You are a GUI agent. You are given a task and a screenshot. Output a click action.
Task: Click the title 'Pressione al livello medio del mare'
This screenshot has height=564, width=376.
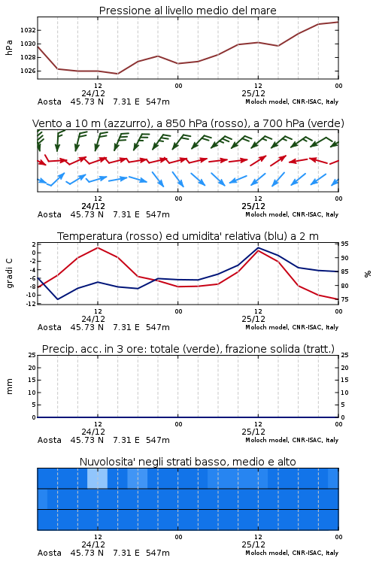(x=187, y=11)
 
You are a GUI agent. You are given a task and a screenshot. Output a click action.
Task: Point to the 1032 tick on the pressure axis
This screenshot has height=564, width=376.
(x=28, y=30)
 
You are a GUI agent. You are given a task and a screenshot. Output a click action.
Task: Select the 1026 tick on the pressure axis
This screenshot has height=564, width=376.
(x=28, y=71)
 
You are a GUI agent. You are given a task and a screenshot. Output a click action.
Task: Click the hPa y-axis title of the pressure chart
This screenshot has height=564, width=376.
(x=9, y=47)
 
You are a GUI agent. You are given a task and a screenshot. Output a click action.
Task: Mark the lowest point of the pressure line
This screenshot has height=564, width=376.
(x=117, y=74)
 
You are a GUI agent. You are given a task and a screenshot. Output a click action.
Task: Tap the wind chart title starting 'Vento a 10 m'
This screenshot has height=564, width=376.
(x=188, y=123)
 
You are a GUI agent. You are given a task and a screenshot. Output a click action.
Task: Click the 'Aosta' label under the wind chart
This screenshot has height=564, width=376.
(x=50, y=214)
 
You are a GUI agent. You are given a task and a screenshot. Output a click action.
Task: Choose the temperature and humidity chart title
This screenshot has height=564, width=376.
(x=188, y=236)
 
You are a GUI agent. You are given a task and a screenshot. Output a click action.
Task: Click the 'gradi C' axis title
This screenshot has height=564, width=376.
(x=9, y=274)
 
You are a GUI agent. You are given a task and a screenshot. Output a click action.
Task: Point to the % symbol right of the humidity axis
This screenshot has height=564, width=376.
(x=368, y=274)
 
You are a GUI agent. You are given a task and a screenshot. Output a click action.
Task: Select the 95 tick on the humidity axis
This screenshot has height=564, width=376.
(x=344, y=244)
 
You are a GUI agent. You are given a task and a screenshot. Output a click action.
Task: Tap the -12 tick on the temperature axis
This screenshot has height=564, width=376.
(x=32, y=304)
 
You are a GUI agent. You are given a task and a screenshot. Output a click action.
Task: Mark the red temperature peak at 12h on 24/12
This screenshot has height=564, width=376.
(x=98, y=247)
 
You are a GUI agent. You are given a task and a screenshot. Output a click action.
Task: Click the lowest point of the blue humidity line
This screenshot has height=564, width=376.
(x=58, y=299)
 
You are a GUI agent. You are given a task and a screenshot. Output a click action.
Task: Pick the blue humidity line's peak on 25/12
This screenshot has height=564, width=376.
(x=258, y=247)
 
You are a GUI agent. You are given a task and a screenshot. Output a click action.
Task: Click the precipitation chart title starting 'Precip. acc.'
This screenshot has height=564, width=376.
(x=188, y=349)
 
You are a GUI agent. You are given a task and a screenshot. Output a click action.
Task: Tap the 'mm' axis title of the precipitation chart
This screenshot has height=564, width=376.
(x=9, y=387)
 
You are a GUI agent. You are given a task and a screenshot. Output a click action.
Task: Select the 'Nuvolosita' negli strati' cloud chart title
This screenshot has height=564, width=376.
(x=187, y=462)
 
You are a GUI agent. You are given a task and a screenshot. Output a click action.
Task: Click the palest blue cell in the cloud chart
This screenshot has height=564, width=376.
(x=97, y=478)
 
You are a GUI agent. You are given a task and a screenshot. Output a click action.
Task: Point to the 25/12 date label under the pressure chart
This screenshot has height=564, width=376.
(x=253, y=93)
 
